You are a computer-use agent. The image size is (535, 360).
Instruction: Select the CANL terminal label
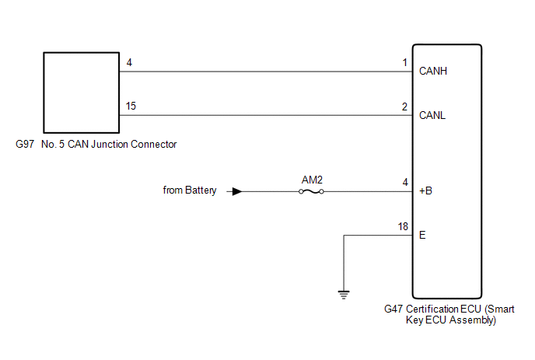433,115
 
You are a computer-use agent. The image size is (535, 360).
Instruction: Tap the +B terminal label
426,190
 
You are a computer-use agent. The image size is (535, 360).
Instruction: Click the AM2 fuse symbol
312,190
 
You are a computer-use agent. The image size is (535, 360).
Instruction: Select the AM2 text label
312,180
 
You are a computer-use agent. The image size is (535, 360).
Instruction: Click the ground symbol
344,294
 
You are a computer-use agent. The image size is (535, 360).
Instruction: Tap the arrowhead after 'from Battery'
237,190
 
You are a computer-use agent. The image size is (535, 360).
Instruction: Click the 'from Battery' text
190,190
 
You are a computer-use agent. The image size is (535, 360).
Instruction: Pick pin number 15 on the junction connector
131,106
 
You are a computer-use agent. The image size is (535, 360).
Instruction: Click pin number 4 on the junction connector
128,62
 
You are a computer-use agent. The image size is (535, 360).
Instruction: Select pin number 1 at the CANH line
404,62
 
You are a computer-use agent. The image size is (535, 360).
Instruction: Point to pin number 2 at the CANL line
404,106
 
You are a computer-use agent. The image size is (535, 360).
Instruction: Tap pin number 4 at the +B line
404,182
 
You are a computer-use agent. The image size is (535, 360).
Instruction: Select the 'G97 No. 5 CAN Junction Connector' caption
96,145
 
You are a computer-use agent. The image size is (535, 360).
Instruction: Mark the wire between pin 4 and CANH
264,72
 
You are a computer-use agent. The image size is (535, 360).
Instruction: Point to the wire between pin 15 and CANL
264,115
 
